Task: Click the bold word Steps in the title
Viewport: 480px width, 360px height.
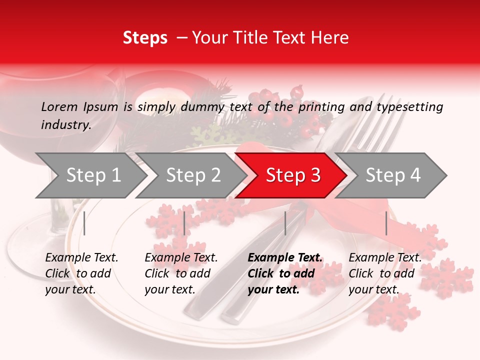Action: pos(145,38)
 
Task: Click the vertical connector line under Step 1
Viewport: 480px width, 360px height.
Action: pos(84,223)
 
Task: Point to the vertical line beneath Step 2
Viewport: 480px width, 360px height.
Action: pos(184,223)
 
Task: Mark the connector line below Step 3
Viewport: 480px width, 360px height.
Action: pos(285,223)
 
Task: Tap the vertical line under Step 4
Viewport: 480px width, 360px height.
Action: pos(386,223)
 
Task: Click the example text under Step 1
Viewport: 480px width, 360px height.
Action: pos(81,273)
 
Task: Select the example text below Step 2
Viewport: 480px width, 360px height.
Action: pos(181,273)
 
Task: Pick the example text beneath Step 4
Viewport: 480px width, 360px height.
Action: pos(385,273)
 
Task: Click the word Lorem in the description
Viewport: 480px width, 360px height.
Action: pos(59,106)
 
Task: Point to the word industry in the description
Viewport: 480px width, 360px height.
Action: pos(66,125)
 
